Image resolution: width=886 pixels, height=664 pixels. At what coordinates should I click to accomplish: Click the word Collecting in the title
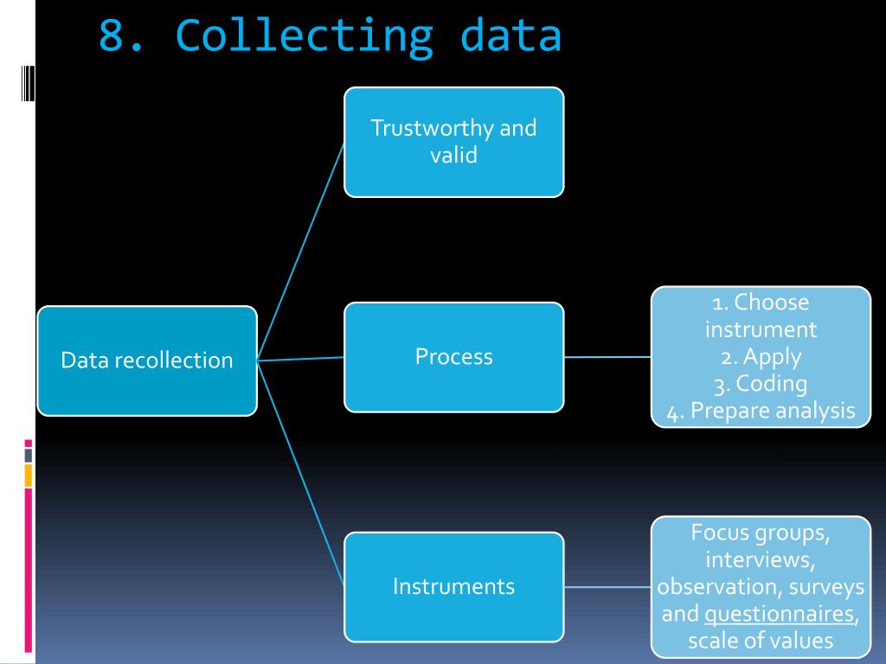(x=304, y=35)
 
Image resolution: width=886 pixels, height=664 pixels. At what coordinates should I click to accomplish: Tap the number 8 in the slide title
(x=111, y=35)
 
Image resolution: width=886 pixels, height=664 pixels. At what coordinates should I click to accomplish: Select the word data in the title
(x=510, y=35)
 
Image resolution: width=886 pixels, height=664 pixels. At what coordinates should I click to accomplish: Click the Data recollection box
(x=147, y=361)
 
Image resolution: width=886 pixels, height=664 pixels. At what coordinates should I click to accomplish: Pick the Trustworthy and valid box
(x=453, y=142)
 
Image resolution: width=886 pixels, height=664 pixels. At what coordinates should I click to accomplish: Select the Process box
(x=453, y=356)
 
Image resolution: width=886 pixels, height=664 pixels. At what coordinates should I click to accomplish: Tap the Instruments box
(x=453, y=586)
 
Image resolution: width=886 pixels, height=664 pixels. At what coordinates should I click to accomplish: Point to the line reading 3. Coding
(x=761, y=383)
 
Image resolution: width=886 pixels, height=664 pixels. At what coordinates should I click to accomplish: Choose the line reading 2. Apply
(x=761, y=356)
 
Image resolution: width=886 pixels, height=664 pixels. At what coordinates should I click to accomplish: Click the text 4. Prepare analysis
(x=761, y=411)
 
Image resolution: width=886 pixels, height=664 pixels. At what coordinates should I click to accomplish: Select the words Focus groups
(x=761, y=533)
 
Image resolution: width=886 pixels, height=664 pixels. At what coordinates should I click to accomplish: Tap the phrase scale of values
(x=761, y=641)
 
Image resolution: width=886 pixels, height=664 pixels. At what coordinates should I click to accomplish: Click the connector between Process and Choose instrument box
(x=607, y=356)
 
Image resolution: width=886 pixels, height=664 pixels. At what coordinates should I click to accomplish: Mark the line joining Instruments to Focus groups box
(x=607, y=586)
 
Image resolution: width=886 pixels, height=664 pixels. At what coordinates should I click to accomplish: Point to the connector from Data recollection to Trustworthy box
(x=300, y=252)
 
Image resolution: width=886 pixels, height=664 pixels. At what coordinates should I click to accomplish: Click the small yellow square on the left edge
(x=29, y=475)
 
